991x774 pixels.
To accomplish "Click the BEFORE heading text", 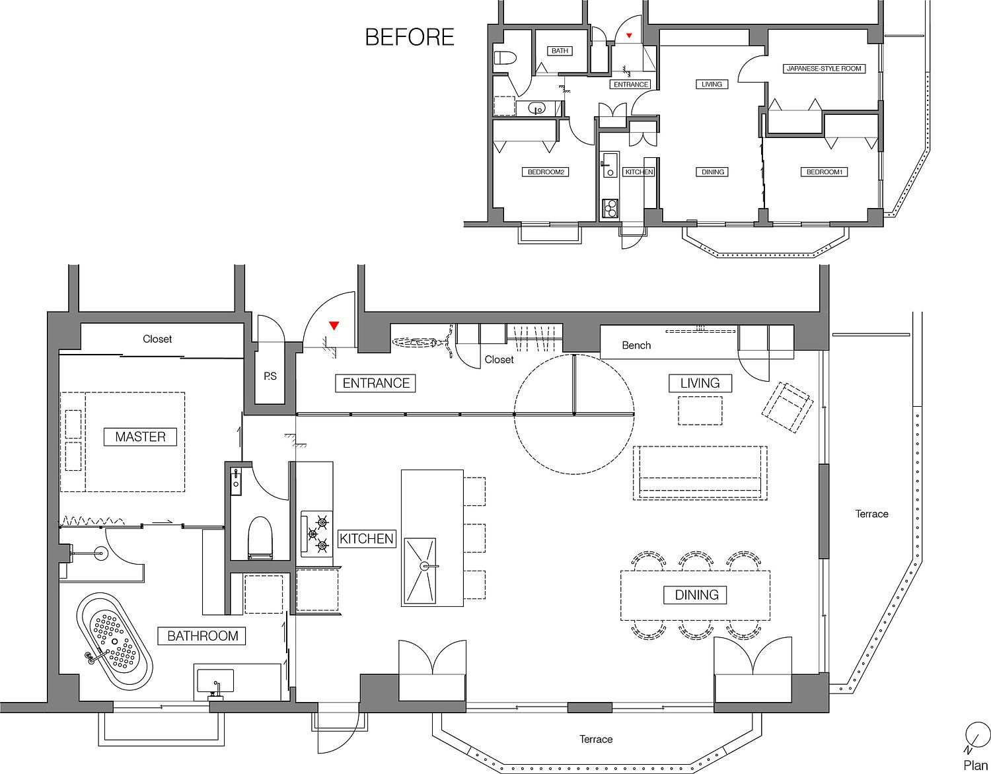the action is tap(410, 38).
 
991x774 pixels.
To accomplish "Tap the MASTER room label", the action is tap(140, 437).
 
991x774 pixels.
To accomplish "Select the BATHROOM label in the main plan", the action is tap(202, 636).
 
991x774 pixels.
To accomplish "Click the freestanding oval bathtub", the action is tap(114, 642).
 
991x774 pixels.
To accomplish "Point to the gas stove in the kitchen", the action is tap(316, 534).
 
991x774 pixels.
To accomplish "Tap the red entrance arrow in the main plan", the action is tap(334, 326).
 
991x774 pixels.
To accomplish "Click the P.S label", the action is tap(270, 376).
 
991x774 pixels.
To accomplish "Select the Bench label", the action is tap(636, 345).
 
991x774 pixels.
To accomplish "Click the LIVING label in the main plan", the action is tap(700, 383).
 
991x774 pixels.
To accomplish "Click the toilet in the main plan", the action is tap(260, 538).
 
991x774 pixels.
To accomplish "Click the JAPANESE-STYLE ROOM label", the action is tap(824, 69).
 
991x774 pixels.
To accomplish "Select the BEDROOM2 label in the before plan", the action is tap(546, 172).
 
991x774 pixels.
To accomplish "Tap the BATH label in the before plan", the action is tap(560, 51).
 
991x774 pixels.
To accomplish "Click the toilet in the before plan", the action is tap(505, 58).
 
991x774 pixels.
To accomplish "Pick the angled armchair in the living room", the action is tap(788, 407).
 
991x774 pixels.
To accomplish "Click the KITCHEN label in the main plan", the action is tap(366, 538).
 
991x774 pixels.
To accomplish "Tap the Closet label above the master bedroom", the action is tap(157, 339).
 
